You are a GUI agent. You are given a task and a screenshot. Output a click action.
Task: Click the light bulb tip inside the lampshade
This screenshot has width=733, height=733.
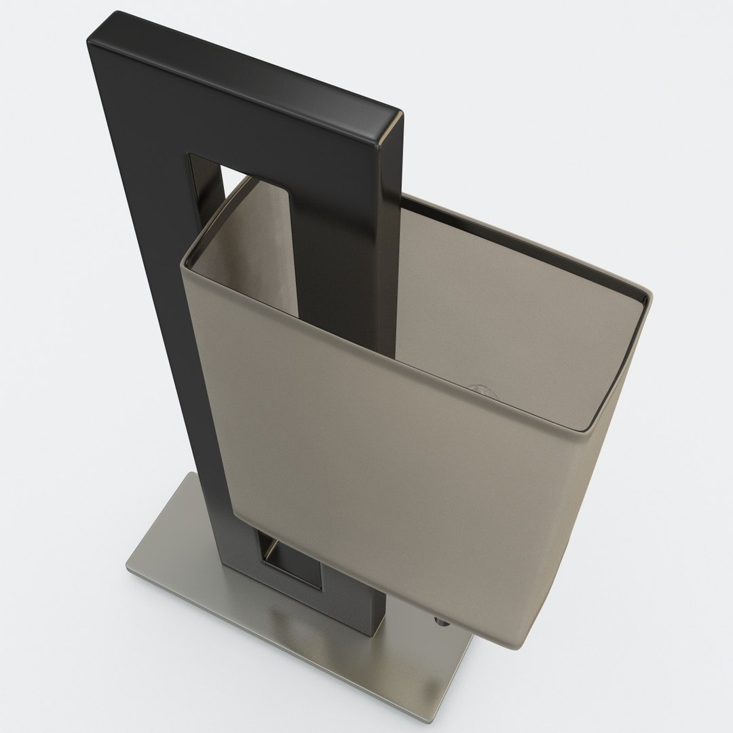coord(479,389)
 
